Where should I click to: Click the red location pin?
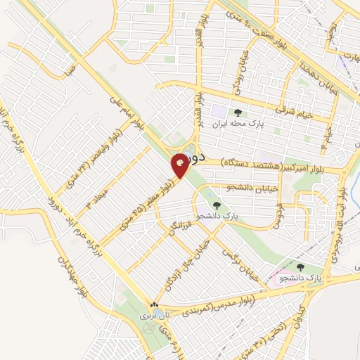(x=181, y=165)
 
